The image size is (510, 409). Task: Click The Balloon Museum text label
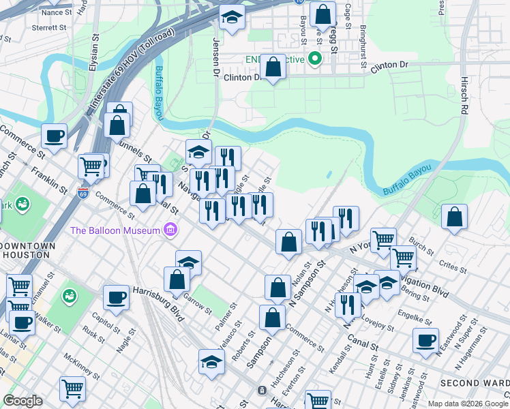pyautogui.click(x=115, y=230)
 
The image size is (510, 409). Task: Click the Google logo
pyautogui.click(x=22, y=401)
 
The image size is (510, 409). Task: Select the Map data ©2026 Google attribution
pyautogui.click(x=468, y=404)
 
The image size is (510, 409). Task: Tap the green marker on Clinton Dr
pyautogui.click(x=315, y=59)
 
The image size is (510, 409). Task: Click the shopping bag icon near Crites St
pyautogui.click(x=454, y=217)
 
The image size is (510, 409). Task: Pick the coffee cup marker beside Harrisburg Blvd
pyautogui.click(x=117, y=297)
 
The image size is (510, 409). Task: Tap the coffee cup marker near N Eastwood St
pyautogui.click(x=426, y=339)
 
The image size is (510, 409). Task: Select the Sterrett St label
pyautogui.click(x=48, y=28)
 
